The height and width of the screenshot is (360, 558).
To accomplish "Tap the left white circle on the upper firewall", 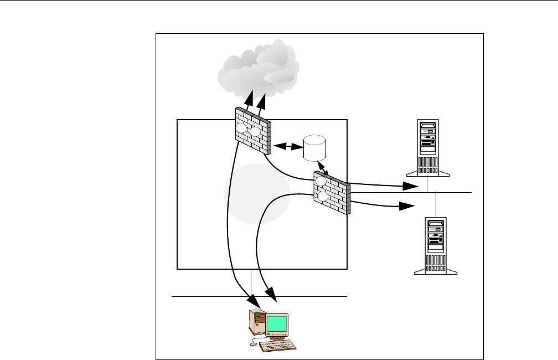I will coord(241,128).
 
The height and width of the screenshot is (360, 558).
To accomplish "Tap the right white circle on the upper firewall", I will coord(255,132).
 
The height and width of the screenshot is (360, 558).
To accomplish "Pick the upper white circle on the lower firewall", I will coord(320,181).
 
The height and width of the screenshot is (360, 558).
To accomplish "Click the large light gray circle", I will coord(256,194).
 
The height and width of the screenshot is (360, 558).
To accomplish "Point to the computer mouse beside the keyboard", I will coord(254,344).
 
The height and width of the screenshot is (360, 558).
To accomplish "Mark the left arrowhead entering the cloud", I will coord(249,100).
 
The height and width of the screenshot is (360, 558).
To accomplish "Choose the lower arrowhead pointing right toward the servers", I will coord(407,206).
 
